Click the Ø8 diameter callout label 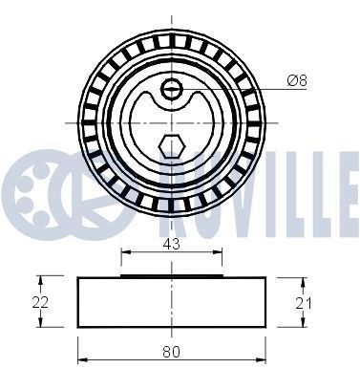click(297, 82)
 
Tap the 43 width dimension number click(172, 245)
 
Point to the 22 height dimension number click(39, 301)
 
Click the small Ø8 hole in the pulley click(172, 90)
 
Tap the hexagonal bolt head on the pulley click(170, 146)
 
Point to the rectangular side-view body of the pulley click(172, 301)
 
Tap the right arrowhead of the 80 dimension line click(265, 361)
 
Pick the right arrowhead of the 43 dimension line click(220, 255)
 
